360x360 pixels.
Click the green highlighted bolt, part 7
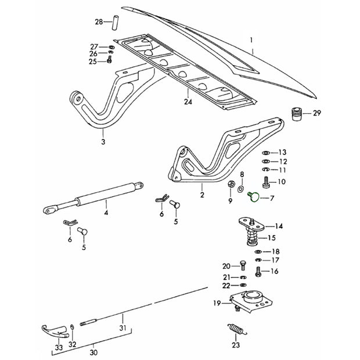(x=253, y=197)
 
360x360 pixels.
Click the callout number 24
(x=188, y=101)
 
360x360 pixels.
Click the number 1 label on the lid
(x=251, y=41)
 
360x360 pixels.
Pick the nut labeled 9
(x=231, y=186)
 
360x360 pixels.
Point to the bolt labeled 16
(x=258, y=271)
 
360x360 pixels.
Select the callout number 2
(x=201, y=188)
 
